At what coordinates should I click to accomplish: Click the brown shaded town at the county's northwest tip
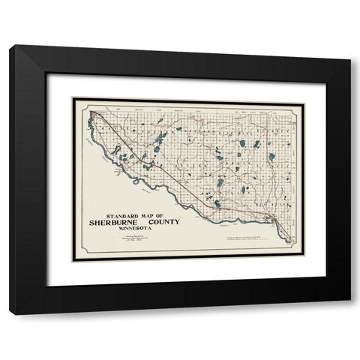93,116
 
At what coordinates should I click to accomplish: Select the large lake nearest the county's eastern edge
271,157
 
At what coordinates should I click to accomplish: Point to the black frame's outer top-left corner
10,46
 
